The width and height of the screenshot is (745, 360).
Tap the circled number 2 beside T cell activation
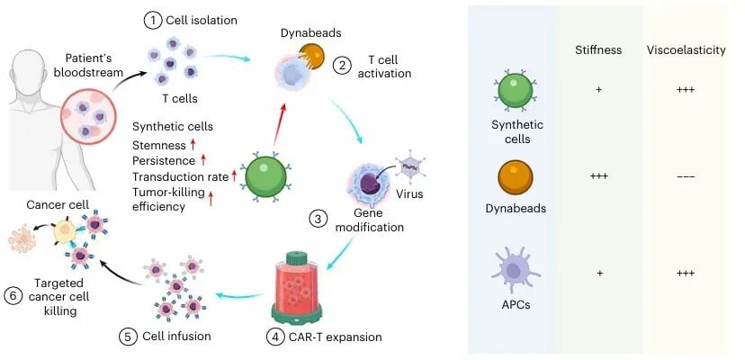[342, 64]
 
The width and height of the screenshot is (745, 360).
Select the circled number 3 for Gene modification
[317, 219]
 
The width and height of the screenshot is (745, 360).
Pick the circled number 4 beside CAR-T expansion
[273, 337]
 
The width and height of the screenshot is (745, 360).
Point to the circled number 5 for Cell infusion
[128, 337]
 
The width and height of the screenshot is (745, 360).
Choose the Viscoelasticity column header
[685, 50]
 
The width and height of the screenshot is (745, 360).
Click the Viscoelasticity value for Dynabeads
[685, 176]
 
